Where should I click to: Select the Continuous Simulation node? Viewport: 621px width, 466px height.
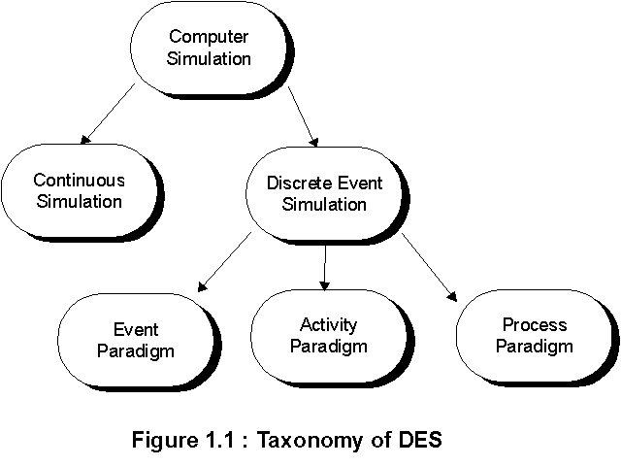78,190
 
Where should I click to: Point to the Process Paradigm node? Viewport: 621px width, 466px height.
535,334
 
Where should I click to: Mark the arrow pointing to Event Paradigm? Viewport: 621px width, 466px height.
225,262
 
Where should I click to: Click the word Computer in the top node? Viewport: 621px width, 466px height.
209,38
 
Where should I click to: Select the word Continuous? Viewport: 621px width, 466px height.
79,181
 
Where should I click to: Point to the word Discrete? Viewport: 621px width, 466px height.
292,183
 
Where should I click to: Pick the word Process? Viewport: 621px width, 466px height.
535,324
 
